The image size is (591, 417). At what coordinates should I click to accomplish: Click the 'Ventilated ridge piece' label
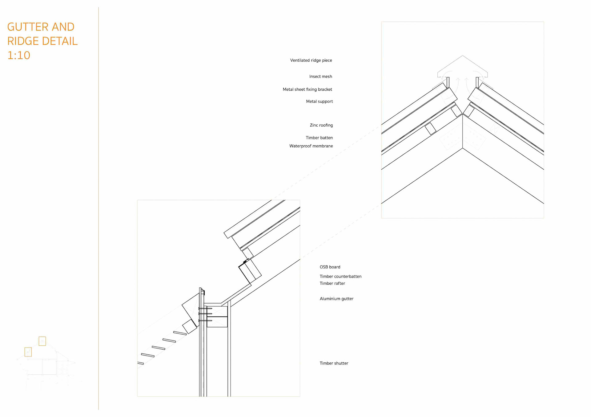click(x=311, y=60)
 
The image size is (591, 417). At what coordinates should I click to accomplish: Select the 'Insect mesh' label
click(x=320, y=77)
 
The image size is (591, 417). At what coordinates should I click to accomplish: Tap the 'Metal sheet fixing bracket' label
click(x=307, y=89)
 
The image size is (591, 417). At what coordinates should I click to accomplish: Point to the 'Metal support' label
click(x=319, y=101)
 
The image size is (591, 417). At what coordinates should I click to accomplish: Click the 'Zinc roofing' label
click(x=321, y=125)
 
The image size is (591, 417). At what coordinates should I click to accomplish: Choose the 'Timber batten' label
click(x=319, y=138)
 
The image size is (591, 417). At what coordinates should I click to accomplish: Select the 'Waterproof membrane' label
click(x=311, y=146)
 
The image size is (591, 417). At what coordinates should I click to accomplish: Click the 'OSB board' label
click(x=330, y=267)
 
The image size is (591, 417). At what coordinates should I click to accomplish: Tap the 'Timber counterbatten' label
click(x=340, y=276)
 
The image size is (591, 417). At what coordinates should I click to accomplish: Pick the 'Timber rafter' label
click(x=332, y=283)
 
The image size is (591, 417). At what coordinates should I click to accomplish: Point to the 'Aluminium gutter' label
click(x=336, y=299)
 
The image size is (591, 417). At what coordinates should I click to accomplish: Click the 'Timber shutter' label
click(x=334, y=363)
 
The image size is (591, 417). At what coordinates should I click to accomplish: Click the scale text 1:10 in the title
click(x=18, y=55)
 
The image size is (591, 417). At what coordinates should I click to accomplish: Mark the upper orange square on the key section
click(x=42, y=341)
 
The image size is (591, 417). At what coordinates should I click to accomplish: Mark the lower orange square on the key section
click(x=28, y=352)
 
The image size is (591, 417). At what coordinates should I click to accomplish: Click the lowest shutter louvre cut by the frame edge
click(x=140, y=363)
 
